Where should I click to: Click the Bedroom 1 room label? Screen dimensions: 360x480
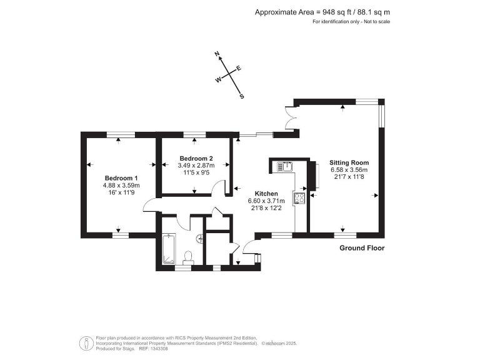(x=121, y=177)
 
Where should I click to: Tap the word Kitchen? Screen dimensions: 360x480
(x=266, y=193)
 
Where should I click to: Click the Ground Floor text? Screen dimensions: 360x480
(x=362, y=248)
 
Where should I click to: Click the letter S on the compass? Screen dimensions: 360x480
(x=242, y=96)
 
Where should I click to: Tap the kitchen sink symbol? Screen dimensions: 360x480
(x=286, y=166)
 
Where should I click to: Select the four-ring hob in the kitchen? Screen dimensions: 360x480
(x=298, y=199)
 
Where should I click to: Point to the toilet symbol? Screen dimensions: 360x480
(x=189, y=257)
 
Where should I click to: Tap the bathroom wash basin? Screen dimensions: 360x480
(x=199, y=237)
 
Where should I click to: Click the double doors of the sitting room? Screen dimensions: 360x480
(x=291, y=117)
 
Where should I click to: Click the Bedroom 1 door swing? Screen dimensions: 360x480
(x=150, y=205)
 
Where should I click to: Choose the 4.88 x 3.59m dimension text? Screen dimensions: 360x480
(x=121, y=185)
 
